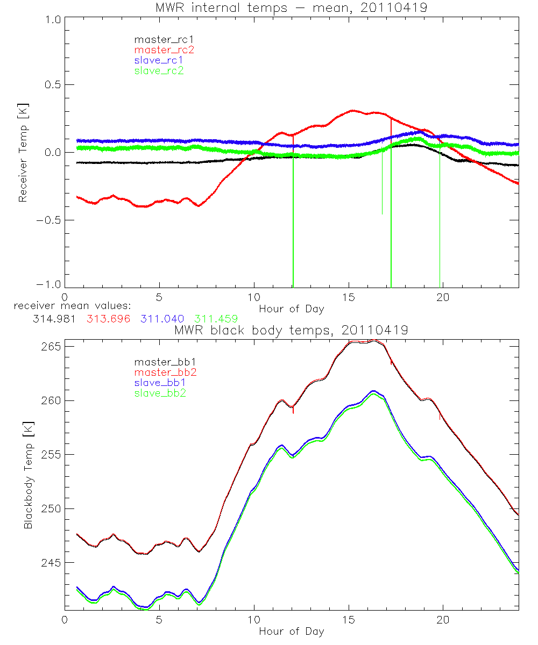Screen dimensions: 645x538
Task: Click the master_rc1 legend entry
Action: (159, 40)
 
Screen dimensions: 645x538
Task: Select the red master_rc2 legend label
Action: (159, 50)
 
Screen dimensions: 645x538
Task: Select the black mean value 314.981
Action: (54, 319)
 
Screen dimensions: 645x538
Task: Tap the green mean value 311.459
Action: (216, 319)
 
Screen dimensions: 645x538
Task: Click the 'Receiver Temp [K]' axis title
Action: (23, 153)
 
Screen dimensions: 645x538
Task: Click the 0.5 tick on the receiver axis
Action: (50, 85)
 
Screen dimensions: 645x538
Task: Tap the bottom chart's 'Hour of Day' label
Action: (291, 631)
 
